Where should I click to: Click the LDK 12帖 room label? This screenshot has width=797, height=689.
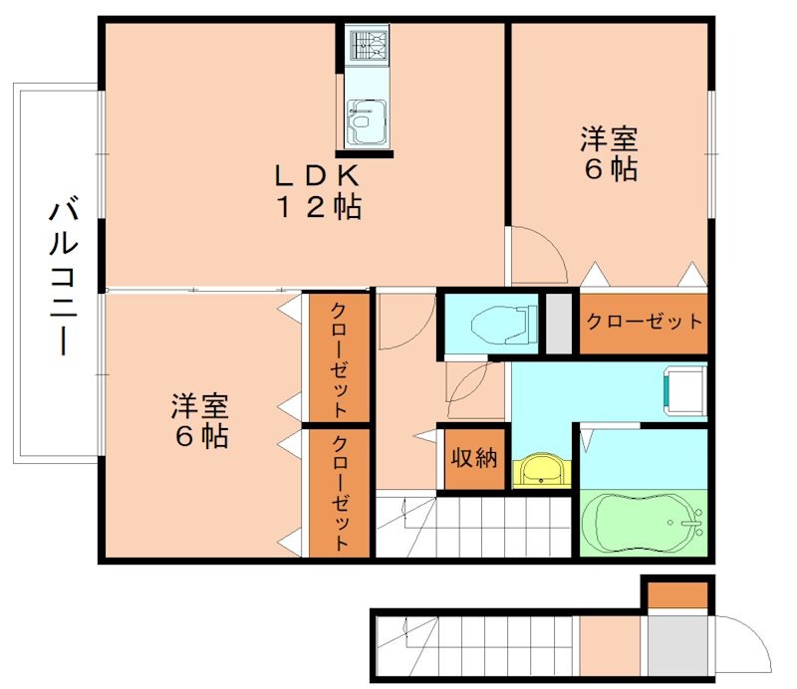pos(318,191)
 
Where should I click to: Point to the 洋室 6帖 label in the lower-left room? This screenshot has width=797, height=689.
pos(199,420)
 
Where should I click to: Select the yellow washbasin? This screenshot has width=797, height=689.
pos(543,468)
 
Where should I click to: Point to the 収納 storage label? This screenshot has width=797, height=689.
pos(474,458)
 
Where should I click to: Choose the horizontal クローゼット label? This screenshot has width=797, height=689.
pos(644,323)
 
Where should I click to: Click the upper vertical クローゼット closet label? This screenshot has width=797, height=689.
pos(338,357)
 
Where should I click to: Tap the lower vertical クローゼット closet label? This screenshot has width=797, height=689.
pos(339,492)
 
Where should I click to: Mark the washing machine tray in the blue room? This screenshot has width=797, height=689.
pos(684,391)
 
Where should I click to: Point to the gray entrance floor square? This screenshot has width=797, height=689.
pos(677,645)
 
